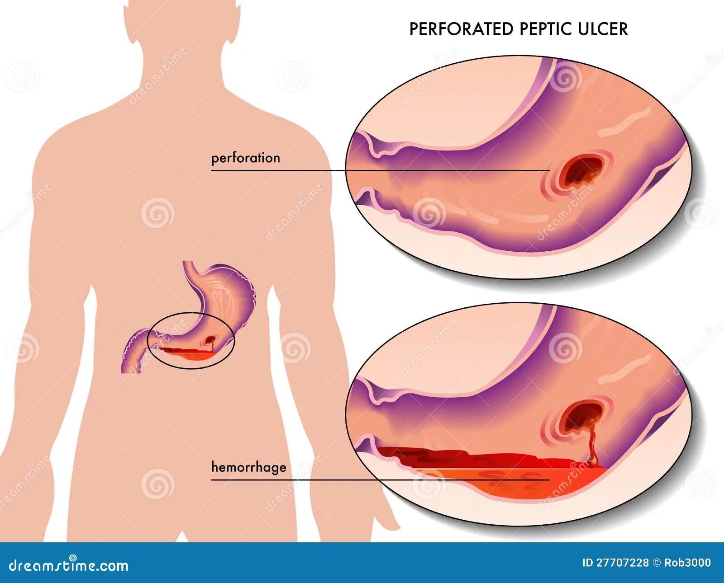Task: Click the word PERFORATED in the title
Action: [461, 29]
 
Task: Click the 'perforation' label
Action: [246, 158]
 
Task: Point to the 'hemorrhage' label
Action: [248, 467]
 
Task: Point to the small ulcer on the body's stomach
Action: [211, 339]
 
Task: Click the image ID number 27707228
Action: [623, 563]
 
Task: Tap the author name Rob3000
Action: [687, 563]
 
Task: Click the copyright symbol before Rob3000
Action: [657, 563]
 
